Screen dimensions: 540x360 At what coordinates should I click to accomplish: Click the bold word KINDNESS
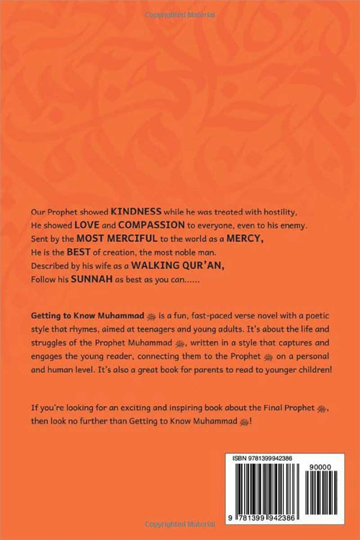point(135,212)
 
